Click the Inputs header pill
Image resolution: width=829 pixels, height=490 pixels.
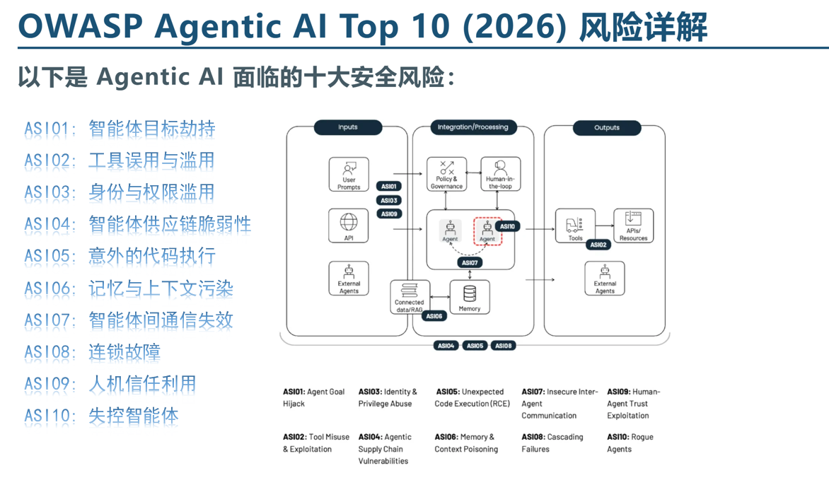coord(348,127)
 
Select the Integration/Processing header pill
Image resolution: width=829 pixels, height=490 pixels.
coord(473,127)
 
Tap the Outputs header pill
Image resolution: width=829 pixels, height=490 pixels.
coord(606,128)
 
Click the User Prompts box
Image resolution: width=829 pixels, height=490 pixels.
coord(349,175)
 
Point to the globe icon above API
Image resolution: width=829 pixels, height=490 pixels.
coord(349,222)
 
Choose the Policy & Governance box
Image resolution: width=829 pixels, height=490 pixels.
coord(446,175)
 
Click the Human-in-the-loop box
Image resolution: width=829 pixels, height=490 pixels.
coord(500,175)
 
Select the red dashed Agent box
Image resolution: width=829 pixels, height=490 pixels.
coord(487,231)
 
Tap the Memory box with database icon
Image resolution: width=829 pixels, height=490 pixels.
coord(470,297)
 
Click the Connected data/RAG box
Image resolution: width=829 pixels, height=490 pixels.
coord(410,298)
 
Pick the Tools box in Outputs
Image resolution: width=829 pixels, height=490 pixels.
coord(575,226)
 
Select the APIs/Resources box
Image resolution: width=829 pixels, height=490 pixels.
coord(633,226)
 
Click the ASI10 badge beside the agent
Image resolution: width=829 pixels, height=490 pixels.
coord(507,226)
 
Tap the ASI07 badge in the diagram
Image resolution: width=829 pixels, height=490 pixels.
coord(470,262)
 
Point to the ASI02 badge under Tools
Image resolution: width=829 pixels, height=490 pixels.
coord(598,245)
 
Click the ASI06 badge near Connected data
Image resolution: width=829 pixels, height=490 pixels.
coord(434,316)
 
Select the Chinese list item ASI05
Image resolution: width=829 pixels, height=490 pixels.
coord(120,256)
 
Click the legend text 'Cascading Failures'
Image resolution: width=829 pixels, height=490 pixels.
coord(552,443)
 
